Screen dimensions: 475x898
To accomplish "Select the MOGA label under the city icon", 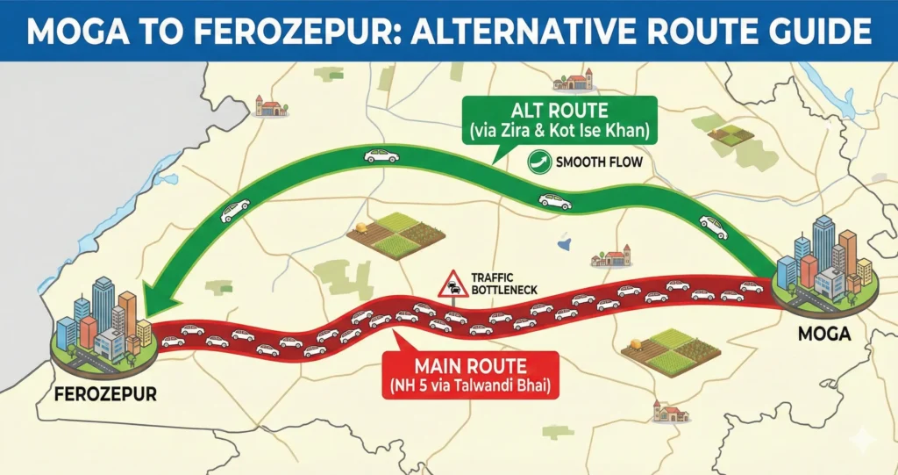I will click(817, 335).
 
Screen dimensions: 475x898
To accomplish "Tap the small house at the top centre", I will click(573, 82).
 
